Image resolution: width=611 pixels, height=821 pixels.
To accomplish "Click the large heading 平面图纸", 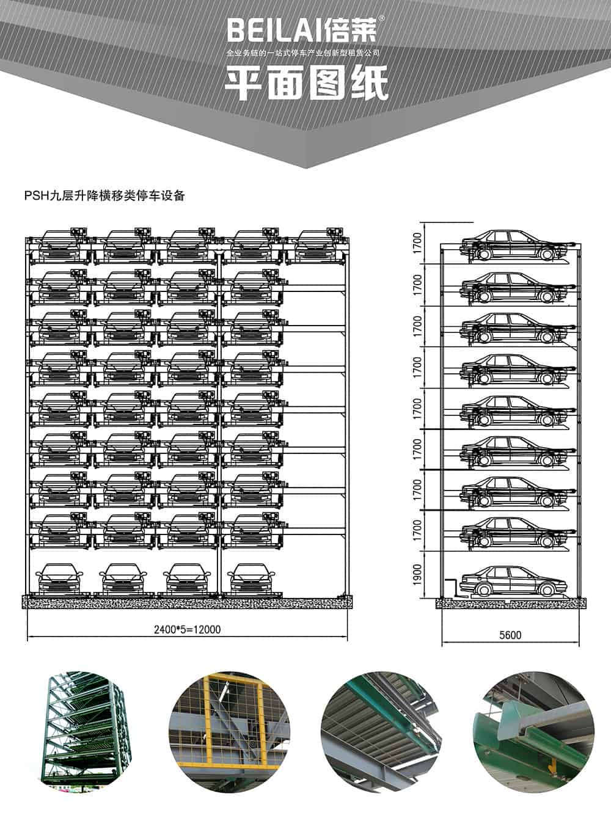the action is pos(306,83).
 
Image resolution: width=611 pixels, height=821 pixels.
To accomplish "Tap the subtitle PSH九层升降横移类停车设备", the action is pos(104,195).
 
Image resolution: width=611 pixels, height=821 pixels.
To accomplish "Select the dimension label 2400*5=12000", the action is pos(188,629).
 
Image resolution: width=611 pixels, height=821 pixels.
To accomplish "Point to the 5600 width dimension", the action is pos(510,635).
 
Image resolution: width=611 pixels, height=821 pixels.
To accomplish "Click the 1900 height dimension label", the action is pos(417,575).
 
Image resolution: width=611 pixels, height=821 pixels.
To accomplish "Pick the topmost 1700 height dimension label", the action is pos(417,243).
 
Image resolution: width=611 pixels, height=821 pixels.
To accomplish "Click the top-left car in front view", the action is pos(60,245).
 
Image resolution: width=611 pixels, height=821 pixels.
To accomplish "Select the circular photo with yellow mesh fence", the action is pos(229,732).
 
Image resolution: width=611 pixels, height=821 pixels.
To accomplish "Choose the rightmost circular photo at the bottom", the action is pos(533,732).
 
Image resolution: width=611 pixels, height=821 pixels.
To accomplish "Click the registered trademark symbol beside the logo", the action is pos(382,18).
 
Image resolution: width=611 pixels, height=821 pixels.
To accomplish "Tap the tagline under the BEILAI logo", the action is pos(303,53).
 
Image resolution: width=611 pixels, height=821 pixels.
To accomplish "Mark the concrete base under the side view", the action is pos(511,604).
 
